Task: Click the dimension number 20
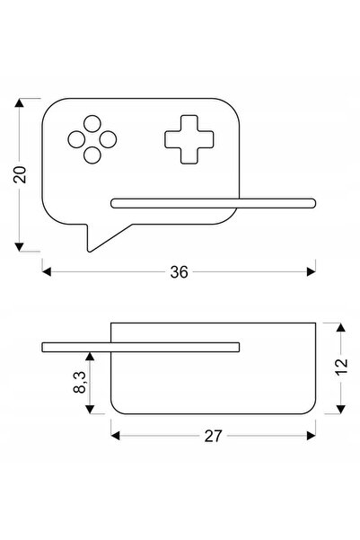coord(20,174)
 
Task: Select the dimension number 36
coord(179,272)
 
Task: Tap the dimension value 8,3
coord(80,382)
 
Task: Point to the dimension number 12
coord(341,367)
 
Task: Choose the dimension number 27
coord(214,437)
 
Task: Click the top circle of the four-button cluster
coord(92,124)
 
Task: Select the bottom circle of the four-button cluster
coord(92,155)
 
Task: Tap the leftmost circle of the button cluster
coord(76,139)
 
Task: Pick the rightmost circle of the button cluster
coord(108,139)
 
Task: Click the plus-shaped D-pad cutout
coord(189,139)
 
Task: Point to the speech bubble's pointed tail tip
coord(89,251)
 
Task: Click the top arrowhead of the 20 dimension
coord(19,102)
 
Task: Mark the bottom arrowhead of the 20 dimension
coord(19,247)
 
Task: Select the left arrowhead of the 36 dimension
coord(47,271)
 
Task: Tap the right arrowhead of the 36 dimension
coord(312,271)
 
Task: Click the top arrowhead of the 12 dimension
coord(341,327)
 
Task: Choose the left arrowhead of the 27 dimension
coord(115,436)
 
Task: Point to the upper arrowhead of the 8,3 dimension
coord(90,356)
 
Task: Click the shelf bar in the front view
coord(213,203)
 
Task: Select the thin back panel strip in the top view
coord(140,347)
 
